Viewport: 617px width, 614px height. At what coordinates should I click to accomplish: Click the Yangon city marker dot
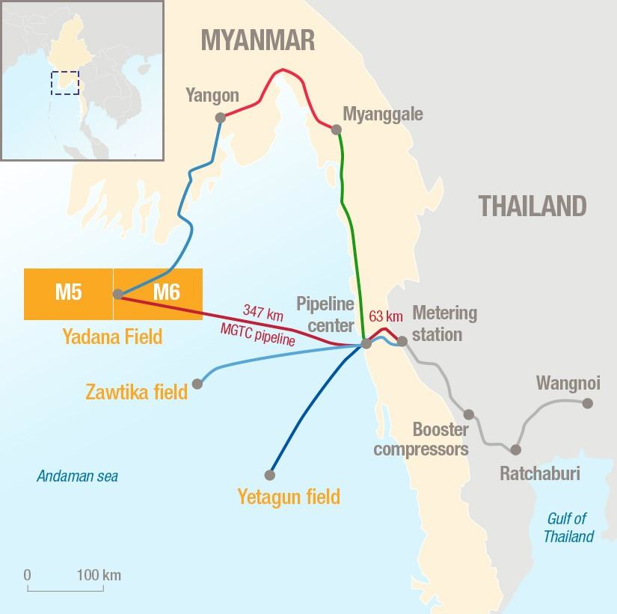tap(220, 117)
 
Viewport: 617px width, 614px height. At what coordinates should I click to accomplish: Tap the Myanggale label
tap(382, 114)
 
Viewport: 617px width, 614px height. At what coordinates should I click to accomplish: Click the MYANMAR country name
tap(257, 40)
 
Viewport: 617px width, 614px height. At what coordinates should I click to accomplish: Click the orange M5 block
tap(68, 292)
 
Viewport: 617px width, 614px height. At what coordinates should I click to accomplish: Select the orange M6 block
tap(166, 292)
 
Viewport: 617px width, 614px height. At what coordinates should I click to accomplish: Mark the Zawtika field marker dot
tap(197, 384)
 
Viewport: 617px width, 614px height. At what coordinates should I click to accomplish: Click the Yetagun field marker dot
tap(270, 475)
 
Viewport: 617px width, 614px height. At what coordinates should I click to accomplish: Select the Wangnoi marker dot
tap(588, 403)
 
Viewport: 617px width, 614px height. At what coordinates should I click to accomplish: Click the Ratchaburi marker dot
tap(515, 449)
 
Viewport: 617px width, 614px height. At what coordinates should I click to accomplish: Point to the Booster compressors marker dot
tap(469, 414)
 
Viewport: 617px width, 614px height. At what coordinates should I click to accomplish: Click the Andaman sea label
tap(78, 476)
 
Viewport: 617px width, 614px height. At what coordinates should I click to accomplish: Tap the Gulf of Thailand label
tap(568, 527)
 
